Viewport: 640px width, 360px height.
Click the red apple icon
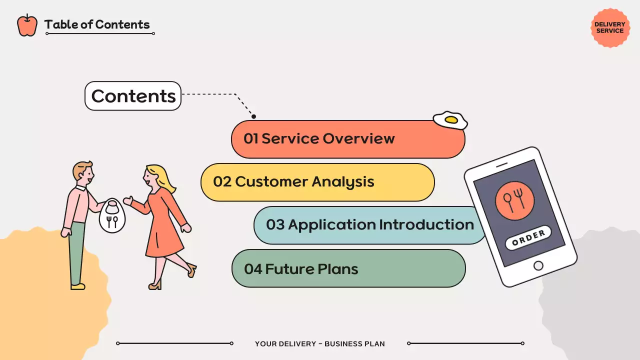[x=27, y=25]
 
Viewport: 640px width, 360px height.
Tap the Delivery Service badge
[x=610, y=27]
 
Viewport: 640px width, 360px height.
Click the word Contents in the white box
[x=133, y=96]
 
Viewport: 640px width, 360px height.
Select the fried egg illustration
[x=450, y=120]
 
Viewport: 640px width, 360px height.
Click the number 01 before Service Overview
[x=251, y=138]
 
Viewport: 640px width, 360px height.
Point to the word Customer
[x=271, y=181]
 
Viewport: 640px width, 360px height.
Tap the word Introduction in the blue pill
[x=426, y=224]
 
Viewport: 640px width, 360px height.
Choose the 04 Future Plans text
[x=301, y=269]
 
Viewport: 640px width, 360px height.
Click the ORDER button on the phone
[x=528, y=237]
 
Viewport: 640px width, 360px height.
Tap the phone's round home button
[x=538, y=265]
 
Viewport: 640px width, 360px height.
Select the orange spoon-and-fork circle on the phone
[x=514, y=200]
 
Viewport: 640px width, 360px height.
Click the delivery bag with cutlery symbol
[x=112, y=215]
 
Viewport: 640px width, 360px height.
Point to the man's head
[x=83, y=173]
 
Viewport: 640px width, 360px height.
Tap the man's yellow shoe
[x=77, y=286]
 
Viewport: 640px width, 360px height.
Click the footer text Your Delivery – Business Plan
[x=319, y=343]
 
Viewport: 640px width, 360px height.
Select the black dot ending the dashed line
[x=253, y=116]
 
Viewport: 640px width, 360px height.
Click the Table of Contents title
[x=97, y=24]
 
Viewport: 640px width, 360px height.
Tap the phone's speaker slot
[x=501, y=165]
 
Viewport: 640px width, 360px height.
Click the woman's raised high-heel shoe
[x=192, y=269]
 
